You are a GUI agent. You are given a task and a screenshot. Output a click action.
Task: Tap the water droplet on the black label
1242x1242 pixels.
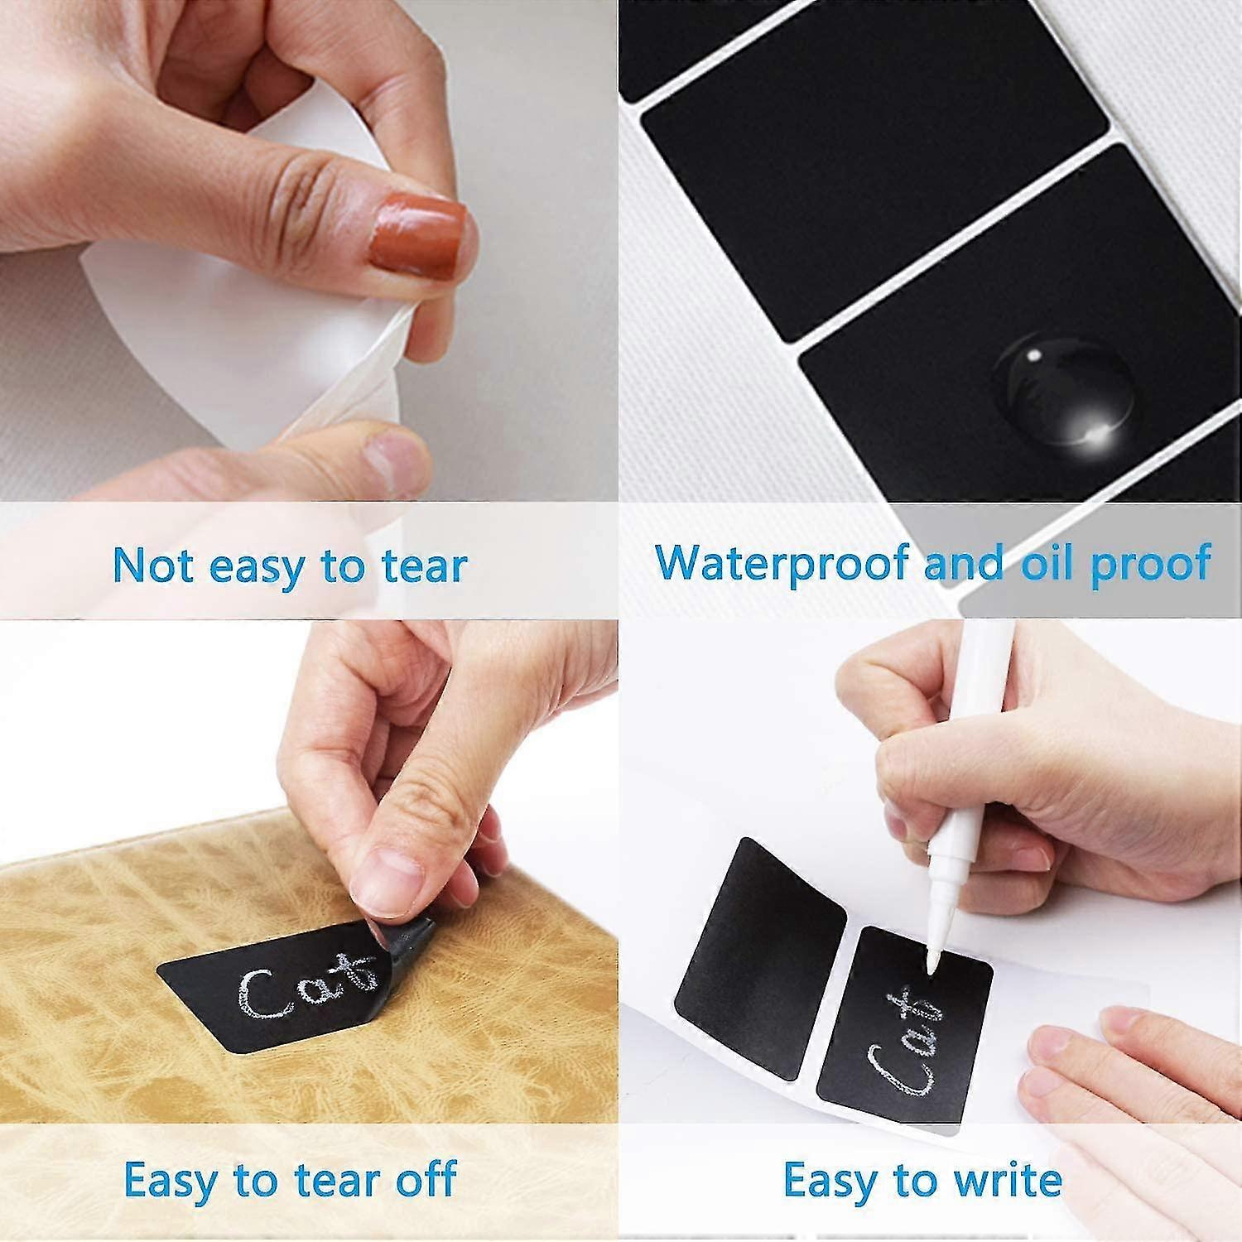point(1064,388)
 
